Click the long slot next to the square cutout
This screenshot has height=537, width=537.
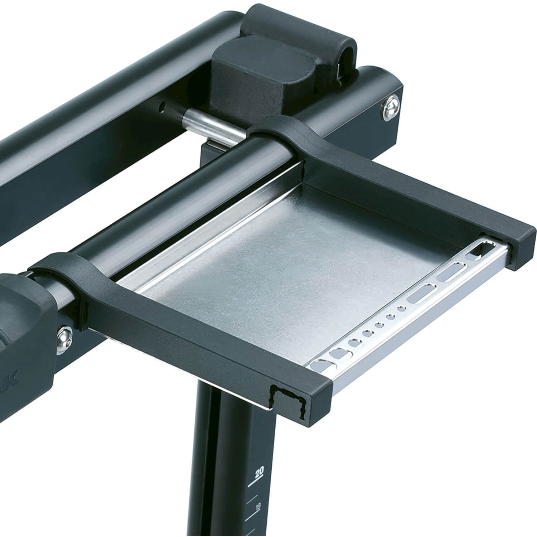tap(451, 272)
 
